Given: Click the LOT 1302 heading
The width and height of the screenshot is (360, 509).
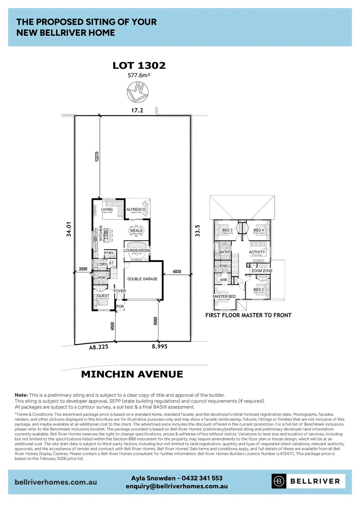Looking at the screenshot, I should point(139,66).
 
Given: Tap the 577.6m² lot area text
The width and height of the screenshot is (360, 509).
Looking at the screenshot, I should point(139,75).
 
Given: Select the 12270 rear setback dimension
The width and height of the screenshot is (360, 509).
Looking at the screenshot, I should point(96,157).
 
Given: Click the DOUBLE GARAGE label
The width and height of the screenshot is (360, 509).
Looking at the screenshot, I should point(142,279).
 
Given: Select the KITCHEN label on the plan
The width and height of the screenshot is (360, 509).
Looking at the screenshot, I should point(100,234).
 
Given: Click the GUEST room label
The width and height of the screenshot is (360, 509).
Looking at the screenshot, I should point(103,296).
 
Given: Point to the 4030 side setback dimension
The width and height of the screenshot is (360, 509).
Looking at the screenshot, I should point(177,271).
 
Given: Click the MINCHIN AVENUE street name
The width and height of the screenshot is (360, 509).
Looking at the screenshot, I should point(132,374).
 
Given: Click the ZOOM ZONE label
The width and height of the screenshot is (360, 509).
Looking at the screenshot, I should point(262,271).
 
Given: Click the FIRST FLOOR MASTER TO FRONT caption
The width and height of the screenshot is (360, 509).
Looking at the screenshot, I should point(248,315).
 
